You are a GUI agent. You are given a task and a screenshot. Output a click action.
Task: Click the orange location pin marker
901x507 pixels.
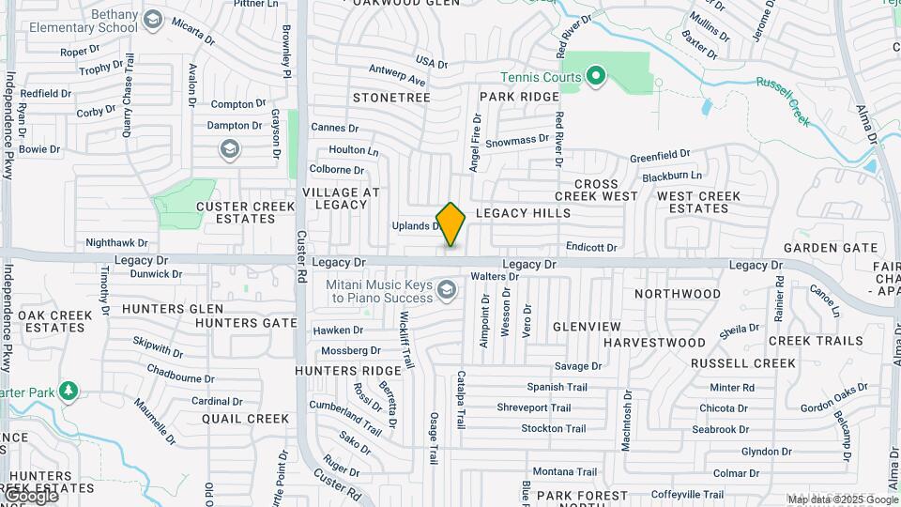451,223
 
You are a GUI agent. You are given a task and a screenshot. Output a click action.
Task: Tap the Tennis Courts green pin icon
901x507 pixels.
595,76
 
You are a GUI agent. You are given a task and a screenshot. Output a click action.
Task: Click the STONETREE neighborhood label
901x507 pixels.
391,98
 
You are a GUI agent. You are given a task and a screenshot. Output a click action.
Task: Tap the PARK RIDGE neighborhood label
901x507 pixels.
519,98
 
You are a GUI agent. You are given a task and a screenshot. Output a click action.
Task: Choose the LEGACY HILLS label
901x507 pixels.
523,213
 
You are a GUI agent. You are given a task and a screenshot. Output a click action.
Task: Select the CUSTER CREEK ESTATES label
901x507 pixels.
237,212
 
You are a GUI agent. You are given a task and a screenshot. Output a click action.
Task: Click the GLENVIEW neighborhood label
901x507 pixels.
587,326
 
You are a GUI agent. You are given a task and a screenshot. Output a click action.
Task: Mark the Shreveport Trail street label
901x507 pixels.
534,407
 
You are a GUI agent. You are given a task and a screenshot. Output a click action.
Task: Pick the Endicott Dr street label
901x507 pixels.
591,247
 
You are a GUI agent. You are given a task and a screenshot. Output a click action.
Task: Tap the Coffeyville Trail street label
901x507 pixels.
688,494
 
